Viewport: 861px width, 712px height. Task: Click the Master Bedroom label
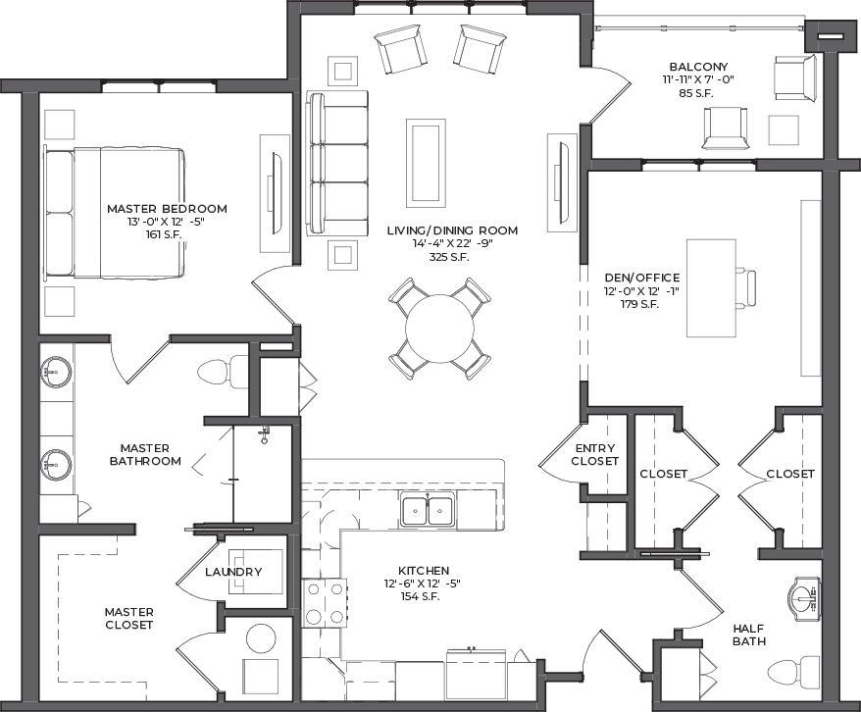pos(167,209)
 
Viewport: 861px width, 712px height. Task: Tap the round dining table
pos(439,329)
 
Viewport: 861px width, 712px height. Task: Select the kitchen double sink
pos(428,510)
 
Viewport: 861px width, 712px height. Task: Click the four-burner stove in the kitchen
pos(325,603)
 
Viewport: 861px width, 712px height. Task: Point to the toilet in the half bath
pos(794,671)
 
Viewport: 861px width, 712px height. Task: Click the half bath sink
pos(804,599)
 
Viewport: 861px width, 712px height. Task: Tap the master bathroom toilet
pos(223,372)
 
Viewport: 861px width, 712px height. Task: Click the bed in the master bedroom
pos(114,213)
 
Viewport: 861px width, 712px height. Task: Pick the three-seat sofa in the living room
pos(337,164)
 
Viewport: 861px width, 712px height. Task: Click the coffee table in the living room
pos(426,163)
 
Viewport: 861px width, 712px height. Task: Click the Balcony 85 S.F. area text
pos(695,93)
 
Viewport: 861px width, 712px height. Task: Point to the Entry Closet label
pos(594,454)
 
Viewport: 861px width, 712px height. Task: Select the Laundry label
pos(233,572)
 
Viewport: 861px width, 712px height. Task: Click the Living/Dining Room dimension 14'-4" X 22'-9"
pos(452,244)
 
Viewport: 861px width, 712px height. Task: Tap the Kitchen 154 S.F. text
pos(420,596)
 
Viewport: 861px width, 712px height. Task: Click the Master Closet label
pos(129,618)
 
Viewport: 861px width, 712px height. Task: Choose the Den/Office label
pos(642,278)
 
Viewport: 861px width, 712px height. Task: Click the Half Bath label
pos(749,635)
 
